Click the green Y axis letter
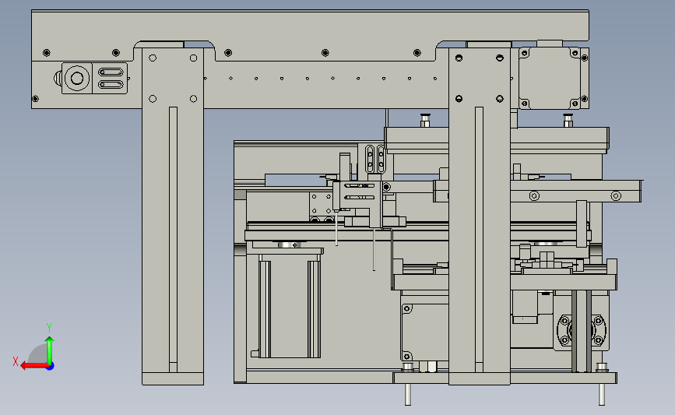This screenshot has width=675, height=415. pos(49,328)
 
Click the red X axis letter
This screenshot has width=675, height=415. pos(16,361)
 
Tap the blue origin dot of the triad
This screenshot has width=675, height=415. pos(50,367)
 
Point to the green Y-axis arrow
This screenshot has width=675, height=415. pos(50,350)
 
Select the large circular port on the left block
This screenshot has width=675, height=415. pos(77,79)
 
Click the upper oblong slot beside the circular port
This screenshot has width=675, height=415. pos(111,72)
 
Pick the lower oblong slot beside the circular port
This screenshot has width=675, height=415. pos(111,84)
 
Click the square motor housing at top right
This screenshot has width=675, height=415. pos(550,78)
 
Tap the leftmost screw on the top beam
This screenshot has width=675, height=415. pos(47,53)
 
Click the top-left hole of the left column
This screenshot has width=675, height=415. pos(153,58)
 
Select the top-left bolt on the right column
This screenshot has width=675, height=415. pos(459,58)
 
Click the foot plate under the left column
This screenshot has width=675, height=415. pos(173,379)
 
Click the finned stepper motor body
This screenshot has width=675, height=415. pos(290,306)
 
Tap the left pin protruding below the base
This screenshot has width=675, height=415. pos(408,394)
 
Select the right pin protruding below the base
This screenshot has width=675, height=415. pos(602,394)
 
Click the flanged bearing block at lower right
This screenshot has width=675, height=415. pos(582,331)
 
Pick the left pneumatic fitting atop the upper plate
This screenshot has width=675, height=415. pos(425,120)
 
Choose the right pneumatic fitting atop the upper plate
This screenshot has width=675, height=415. pos(568,120)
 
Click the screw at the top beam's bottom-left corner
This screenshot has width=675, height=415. pos(35,99)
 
